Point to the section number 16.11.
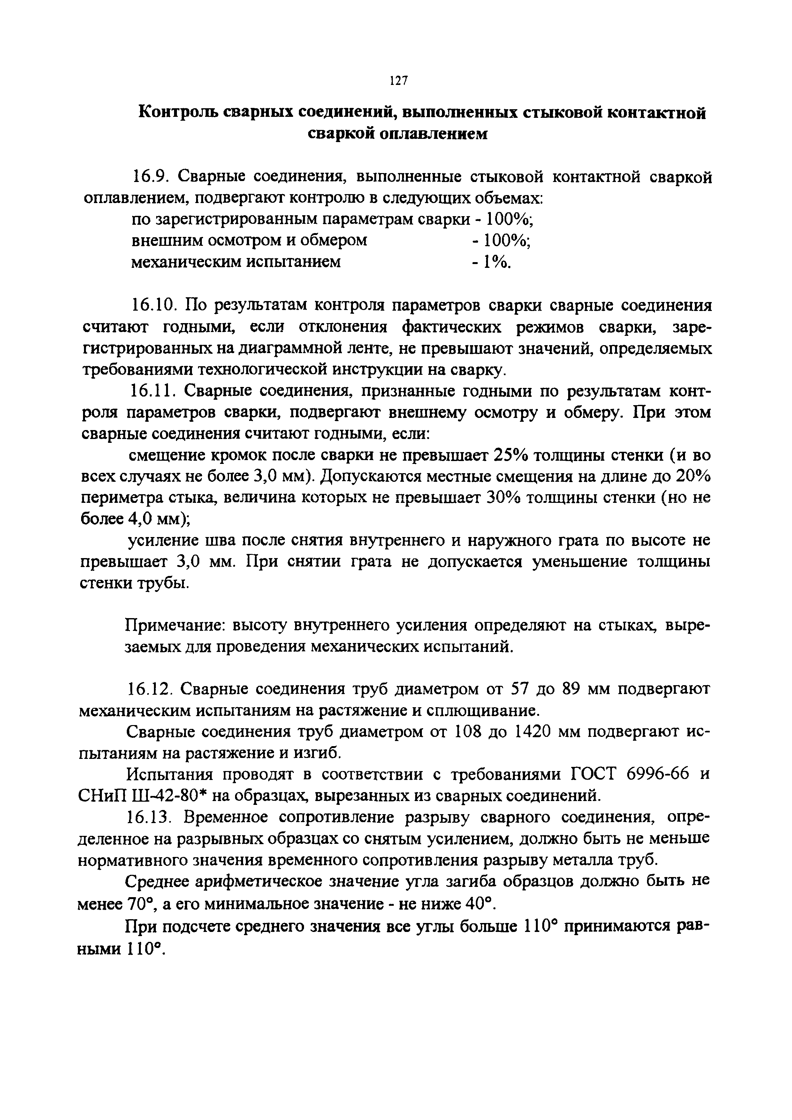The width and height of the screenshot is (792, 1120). [x=153, y=391]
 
